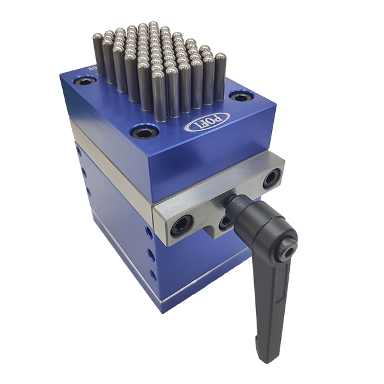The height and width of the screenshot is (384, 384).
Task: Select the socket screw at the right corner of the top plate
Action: coord(241,97)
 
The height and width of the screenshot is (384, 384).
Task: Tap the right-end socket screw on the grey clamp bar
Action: coord(271,179)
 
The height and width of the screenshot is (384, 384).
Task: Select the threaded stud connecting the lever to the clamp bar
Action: coord(232,204)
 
